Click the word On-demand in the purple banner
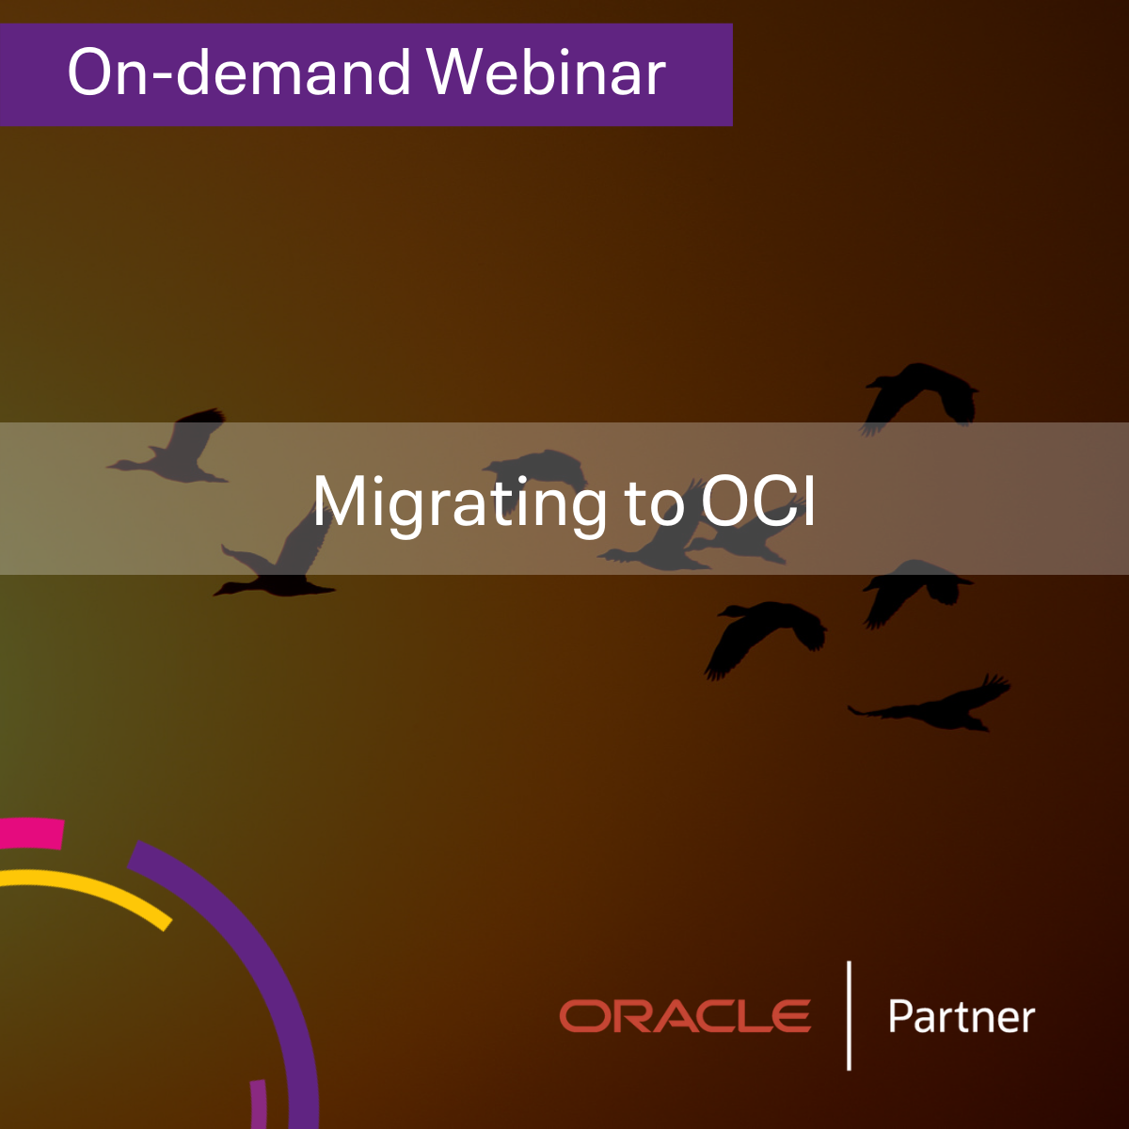click(x=239, y=72)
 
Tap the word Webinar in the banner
click(x=547, y=72)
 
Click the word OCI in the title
click(x=757, y=500)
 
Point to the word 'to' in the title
click(x=654, y=502)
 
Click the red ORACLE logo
click(x=685, y=1015)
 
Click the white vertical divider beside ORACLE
click(x=849, y=1015)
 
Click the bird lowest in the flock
click(x=931, y=706)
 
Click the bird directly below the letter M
click(x=276, y=565)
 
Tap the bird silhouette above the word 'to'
click(x=536, y=466)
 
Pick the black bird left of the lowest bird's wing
click(x=765, y=636)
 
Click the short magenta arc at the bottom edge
click(x=259, y=1105)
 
